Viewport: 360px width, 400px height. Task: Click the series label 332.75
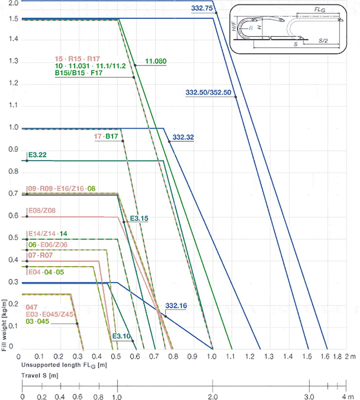point(202,8)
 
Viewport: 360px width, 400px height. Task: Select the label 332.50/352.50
point(208,92)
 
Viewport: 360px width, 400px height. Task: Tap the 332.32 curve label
point(183,137)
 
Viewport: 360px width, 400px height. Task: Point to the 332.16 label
point(176,306)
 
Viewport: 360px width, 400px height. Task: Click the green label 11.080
point(156,61)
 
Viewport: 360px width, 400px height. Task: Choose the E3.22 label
point(38,155)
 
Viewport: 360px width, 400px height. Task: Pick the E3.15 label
point(139,218)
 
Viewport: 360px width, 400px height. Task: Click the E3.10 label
point(121,336)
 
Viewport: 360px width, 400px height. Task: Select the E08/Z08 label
point(42,211)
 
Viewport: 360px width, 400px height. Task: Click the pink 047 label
point(31,307)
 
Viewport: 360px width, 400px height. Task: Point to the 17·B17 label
point(106,136)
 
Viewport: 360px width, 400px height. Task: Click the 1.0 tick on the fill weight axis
point(13,127)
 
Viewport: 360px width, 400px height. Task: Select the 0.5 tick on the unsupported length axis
point(116,357)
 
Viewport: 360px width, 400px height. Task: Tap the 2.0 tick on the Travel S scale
point(213,397)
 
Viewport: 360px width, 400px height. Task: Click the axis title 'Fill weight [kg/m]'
point(4,325)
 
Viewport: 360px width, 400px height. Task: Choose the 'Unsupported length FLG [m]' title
point(64,365)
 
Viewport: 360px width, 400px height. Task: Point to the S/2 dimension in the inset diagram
point(323,41)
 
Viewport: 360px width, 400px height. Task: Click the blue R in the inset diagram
point(251,28)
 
